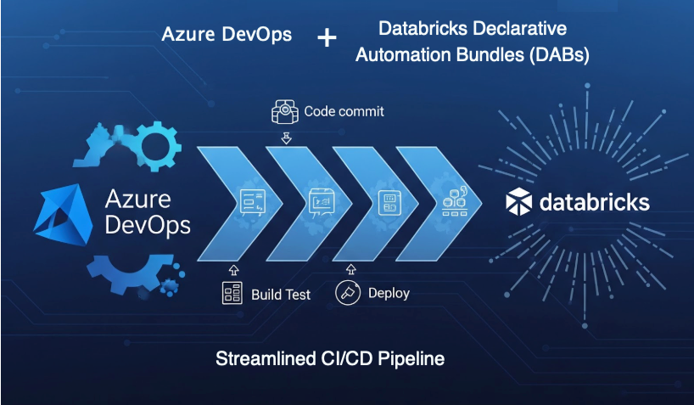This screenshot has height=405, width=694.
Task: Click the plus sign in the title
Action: click(326, 37)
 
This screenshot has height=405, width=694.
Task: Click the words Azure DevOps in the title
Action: click(227, 35)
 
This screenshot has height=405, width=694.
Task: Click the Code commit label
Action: click(344, 111)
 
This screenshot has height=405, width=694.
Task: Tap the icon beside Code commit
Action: click(286, 111)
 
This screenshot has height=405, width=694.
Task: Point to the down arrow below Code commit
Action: click(287, 137)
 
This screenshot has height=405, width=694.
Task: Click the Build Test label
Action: click(281, 295)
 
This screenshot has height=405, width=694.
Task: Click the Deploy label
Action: click(389, 293)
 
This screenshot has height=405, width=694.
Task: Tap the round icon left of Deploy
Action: click(347, 293)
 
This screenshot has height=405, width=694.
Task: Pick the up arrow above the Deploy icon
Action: click(347, 269)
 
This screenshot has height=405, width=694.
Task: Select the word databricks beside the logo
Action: click(594, 202)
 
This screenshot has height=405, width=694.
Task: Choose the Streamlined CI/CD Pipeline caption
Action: click(331, 358)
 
